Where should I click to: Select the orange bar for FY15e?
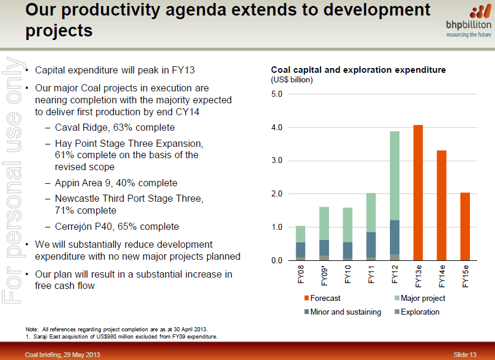coord(465,226)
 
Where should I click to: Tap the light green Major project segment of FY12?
coord(394,176)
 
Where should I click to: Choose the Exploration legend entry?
coord(420,312)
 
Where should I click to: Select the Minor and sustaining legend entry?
coord(346,312)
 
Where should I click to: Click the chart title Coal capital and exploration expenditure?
coord(358,70)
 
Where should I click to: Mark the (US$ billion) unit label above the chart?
coord(293,79)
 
